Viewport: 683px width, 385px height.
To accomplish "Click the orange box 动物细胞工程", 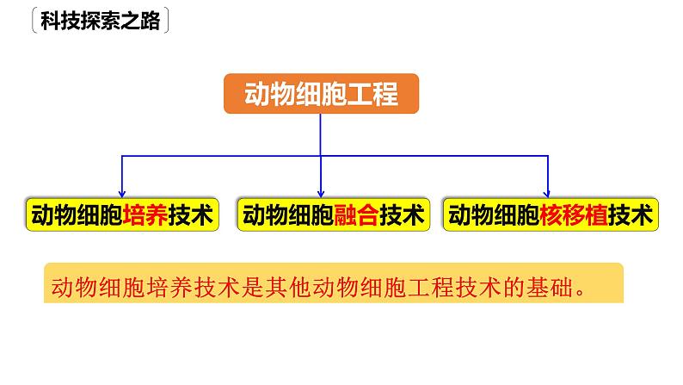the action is tap(322, 94).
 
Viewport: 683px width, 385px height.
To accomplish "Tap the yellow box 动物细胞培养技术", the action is tap(120, 214).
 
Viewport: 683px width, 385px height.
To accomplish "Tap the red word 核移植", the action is tap(574, 214).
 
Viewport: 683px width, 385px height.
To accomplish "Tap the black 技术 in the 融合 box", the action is tap(403, 214).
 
